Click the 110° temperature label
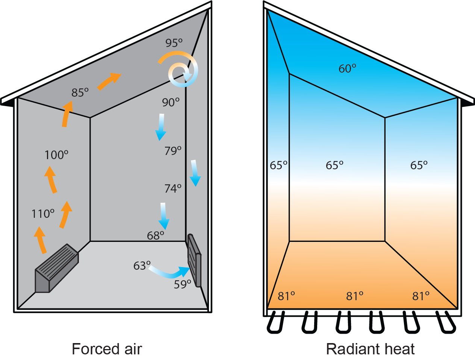[43, 214]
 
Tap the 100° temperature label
[56, 155]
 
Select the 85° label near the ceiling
[80, 92]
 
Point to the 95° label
[174, 43]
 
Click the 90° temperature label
[171, 102]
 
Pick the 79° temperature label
[173, 150]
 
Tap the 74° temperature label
[173, 188]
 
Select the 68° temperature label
[156, 235]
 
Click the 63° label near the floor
[142, 266]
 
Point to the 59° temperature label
[182, 284]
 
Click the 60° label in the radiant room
[347, 68]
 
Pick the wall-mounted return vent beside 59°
[194, 260]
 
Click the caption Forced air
[107, 349]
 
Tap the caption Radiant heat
[370, 349]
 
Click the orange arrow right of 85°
[109, 81]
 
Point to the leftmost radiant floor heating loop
[276, 323]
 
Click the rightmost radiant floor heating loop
[446, 323]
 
